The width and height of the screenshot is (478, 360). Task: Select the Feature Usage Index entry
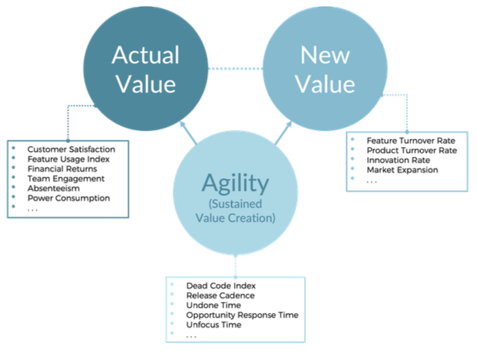(x=68, y=159)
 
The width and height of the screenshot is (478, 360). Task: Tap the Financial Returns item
(x=63, y=169)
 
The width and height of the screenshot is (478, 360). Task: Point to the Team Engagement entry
(x=65, y=179)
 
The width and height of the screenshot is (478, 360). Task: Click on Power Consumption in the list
(x=68, y=198)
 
